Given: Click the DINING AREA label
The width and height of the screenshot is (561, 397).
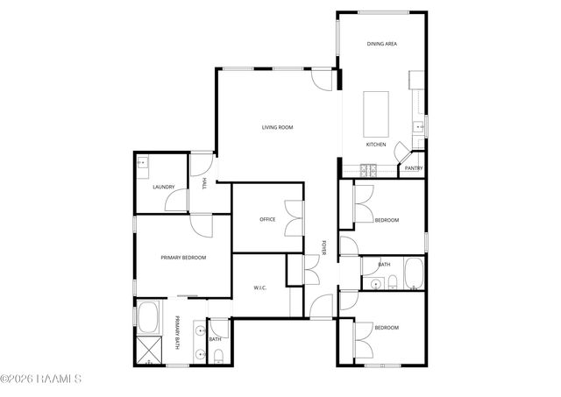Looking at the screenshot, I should pos(382,43).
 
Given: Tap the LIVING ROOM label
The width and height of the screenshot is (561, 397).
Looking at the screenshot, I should pos(277,128).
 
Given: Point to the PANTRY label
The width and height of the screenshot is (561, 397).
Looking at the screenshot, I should pos(414,168).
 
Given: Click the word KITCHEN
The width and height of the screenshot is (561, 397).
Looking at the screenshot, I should pos(376,145).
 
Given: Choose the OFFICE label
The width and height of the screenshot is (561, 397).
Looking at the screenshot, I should pos(267,219).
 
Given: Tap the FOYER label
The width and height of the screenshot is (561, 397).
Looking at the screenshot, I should pos(323,248).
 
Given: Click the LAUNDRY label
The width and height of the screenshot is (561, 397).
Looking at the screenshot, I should pos(163,187).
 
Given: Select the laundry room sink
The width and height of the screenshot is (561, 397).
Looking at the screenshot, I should pos(143,162).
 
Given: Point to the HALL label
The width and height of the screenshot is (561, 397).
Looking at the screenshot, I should pos(204,183).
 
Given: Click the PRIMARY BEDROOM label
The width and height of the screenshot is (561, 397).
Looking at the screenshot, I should pos(183,258).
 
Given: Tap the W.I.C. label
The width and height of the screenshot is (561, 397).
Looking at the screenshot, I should pos(259,287).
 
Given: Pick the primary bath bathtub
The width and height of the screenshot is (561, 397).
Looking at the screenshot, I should pos(147,315).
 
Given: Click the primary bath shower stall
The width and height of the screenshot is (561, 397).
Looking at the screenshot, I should pos(146,349).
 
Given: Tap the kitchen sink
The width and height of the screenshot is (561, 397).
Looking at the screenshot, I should pos(419,128).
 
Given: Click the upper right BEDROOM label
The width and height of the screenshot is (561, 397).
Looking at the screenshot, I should pos(387,220).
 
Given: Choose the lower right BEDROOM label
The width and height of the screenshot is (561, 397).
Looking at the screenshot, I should pos(387,328).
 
